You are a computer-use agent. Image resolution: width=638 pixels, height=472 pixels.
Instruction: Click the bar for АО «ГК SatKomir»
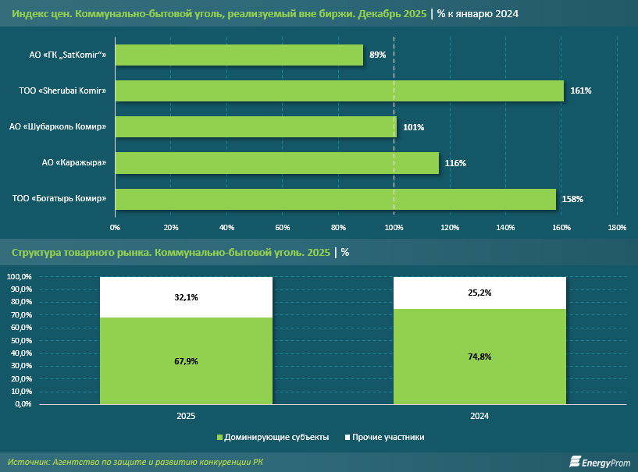(x=239, y=55)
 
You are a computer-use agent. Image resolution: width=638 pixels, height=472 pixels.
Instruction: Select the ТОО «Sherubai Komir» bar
(x=340, y=90)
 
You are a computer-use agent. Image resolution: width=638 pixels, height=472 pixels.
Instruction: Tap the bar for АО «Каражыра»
(x=277, y=163)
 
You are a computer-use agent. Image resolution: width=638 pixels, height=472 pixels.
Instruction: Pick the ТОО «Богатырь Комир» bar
(x=336, y=199)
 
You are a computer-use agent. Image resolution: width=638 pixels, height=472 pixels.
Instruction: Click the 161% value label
(x=581, y=90)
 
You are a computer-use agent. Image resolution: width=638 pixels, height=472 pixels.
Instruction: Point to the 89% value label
(x=378, y=55)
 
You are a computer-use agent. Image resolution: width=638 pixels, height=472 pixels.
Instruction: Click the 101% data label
(x=413, y=127)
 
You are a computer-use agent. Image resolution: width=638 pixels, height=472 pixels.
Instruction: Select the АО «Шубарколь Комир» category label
(x=58, y=127)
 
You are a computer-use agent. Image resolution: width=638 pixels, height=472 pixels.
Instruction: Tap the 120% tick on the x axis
(x=450, y=228)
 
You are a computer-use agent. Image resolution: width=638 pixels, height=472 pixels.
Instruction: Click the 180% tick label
(x=617, y=228)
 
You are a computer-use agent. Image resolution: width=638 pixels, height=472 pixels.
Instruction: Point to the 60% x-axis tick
(x=283, y=228)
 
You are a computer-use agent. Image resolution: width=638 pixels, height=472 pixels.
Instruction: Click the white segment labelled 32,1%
(x=186, y=297)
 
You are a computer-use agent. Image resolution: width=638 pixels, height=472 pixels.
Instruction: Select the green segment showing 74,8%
(x=479, y=357)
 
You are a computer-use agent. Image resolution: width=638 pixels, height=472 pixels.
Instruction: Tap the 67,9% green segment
(x=186, y=361)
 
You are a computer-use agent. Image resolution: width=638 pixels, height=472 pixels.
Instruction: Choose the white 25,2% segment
(x=479, y=293)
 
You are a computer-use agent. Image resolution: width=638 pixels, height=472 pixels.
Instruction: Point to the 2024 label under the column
(x=479, y=417)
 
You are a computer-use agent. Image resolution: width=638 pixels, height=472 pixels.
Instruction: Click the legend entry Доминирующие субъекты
(x=273, y=438)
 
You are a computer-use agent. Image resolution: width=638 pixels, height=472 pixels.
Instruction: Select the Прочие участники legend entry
(x=384, y=438)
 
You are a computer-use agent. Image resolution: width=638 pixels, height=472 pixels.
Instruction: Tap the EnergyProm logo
(x=600, y=462)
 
